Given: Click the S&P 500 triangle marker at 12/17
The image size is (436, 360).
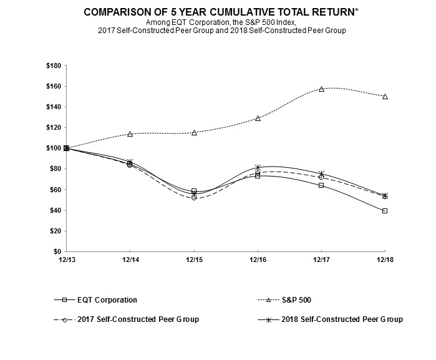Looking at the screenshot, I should coord(321,89).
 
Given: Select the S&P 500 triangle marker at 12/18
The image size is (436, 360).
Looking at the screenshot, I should coord(385,96).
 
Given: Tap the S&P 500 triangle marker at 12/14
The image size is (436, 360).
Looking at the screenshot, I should coord(130,134).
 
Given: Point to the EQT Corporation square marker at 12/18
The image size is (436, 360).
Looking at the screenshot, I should coord(385,211).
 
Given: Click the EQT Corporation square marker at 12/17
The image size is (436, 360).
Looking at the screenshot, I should coord(321,185).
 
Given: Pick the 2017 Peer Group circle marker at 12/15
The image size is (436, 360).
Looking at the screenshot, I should coord(194,197).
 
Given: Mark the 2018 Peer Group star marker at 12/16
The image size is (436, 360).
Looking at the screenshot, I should coord(258,167).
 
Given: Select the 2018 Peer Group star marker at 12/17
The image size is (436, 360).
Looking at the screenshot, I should coord(321,174).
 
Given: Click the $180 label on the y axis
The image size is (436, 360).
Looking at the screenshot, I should coord(53,66).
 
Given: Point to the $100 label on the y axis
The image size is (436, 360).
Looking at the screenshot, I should coord(53,148).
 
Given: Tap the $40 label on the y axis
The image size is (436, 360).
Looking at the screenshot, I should coord(55,210).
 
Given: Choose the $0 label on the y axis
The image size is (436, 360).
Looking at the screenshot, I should coord(57,251).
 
